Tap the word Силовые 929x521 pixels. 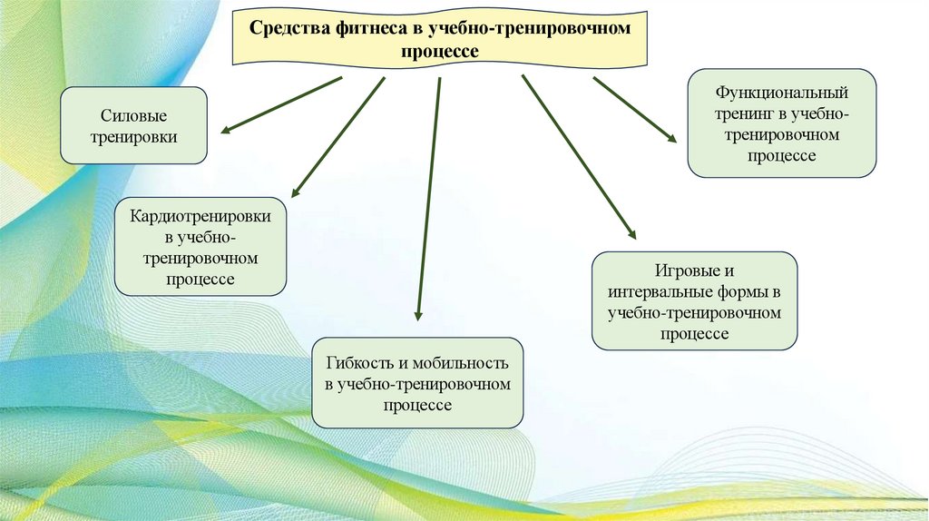tap(133, 116)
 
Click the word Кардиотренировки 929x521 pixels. tap(200, 218)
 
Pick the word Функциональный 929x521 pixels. tap(781, 93)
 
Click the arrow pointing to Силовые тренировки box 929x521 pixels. tap(281, 105)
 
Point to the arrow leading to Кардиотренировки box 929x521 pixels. tap(337, 136)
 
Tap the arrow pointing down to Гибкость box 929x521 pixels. tap(428, 200)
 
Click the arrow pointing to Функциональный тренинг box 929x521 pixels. tap(634, 109)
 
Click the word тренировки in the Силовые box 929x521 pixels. tap(133, 137)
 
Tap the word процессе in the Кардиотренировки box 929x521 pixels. tap(200, 280)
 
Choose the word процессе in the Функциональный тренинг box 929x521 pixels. tap(781, 156)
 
